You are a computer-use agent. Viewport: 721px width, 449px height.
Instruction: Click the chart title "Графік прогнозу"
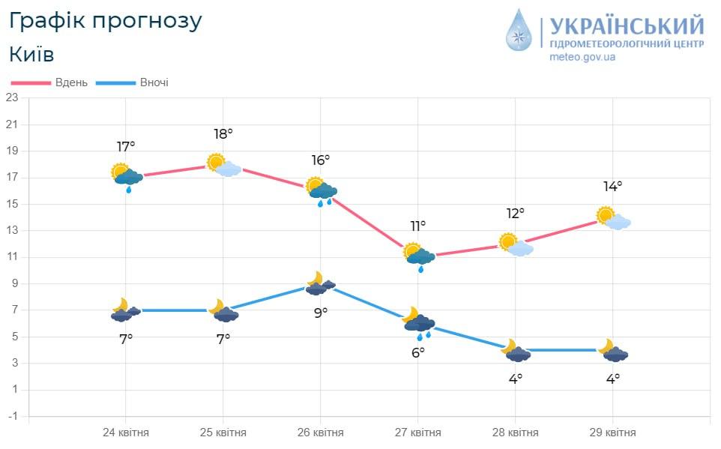click(x=106, y=21)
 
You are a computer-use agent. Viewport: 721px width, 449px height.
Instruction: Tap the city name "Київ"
click(x=31, y=55)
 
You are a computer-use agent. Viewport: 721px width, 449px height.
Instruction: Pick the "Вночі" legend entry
click(x=154, y=82)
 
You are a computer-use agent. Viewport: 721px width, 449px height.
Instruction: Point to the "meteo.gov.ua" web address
click(x=582, y=58)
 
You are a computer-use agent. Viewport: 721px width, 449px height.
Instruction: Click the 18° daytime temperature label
click(x=223, y=134)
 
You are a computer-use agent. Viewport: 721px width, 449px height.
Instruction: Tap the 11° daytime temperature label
click(x=417, y=226)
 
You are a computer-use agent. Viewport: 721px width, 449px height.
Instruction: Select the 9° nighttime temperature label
click(x=321, y=313)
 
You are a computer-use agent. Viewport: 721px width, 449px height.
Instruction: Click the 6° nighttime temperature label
click(x=417, y=352)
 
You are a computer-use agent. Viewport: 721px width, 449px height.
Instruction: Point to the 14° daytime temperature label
click(x=612, y=187)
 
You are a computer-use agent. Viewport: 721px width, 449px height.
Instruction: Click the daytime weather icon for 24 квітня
click(x=126, y=176)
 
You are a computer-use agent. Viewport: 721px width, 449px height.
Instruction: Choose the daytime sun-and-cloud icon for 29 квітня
click(x=613, y=218)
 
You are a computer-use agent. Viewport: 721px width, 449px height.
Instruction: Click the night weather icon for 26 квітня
click(x=321, y=283)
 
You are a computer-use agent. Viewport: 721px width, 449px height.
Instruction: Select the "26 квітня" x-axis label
click(x=321, y=433)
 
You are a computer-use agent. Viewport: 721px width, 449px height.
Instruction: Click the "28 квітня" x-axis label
click(x=516, y=433)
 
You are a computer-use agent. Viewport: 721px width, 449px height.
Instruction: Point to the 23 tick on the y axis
click(x=13, y=97)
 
